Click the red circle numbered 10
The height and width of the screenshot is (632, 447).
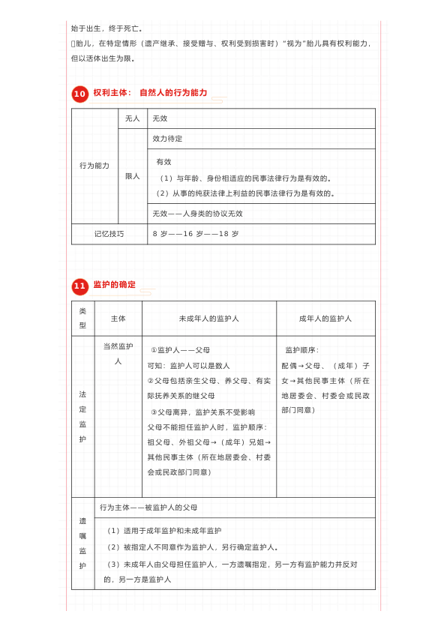(x=80, y=94)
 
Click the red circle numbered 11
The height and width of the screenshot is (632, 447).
(x=80, y=286)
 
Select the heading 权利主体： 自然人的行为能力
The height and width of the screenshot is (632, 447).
(x=150, y=93)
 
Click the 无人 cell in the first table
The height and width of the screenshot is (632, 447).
(x=132, y=118)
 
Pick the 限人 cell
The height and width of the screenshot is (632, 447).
(x=132, y=176)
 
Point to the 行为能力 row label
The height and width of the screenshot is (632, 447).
(x=94, y=166)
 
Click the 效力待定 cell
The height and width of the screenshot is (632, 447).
(x=167, y=139)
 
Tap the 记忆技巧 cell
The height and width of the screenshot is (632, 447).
(x=109, y=234)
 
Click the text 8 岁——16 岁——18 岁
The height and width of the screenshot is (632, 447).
(x=195, y=234)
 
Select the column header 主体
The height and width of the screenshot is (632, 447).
(x=118, y=319)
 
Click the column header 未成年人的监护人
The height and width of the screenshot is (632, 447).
(x=208, y=319)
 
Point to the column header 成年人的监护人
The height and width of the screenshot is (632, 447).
(x=325, y=319)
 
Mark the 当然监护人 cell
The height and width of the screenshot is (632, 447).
(x=118, y=353)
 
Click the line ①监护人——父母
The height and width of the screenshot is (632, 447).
(x=180, y=350)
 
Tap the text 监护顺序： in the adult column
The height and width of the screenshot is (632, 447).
(x=302, y=350)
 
